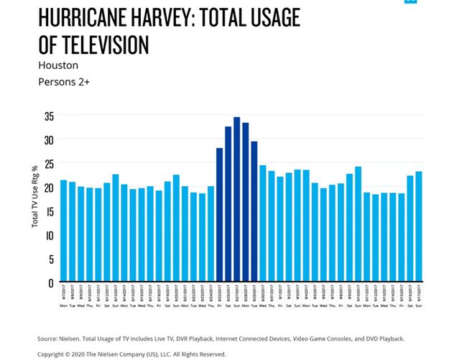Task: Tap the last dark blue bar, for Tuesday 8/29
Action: point(254,211)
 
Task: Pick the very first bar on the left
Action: point(64,230)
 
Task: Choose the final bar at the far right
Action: point(418,226)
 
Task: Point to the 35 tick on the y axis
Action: point(49,116)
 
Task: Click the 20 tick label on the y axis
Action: point(49,188)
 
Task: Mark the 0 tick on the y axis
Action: point(51,282)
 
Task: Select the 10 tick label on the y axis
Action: point(49,235)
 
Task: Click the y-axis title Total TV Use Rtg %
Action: point(35,198)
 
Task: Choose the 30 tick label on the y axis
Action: point(49,139)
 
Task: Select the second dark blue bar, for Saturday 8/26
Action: point(228,204)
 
